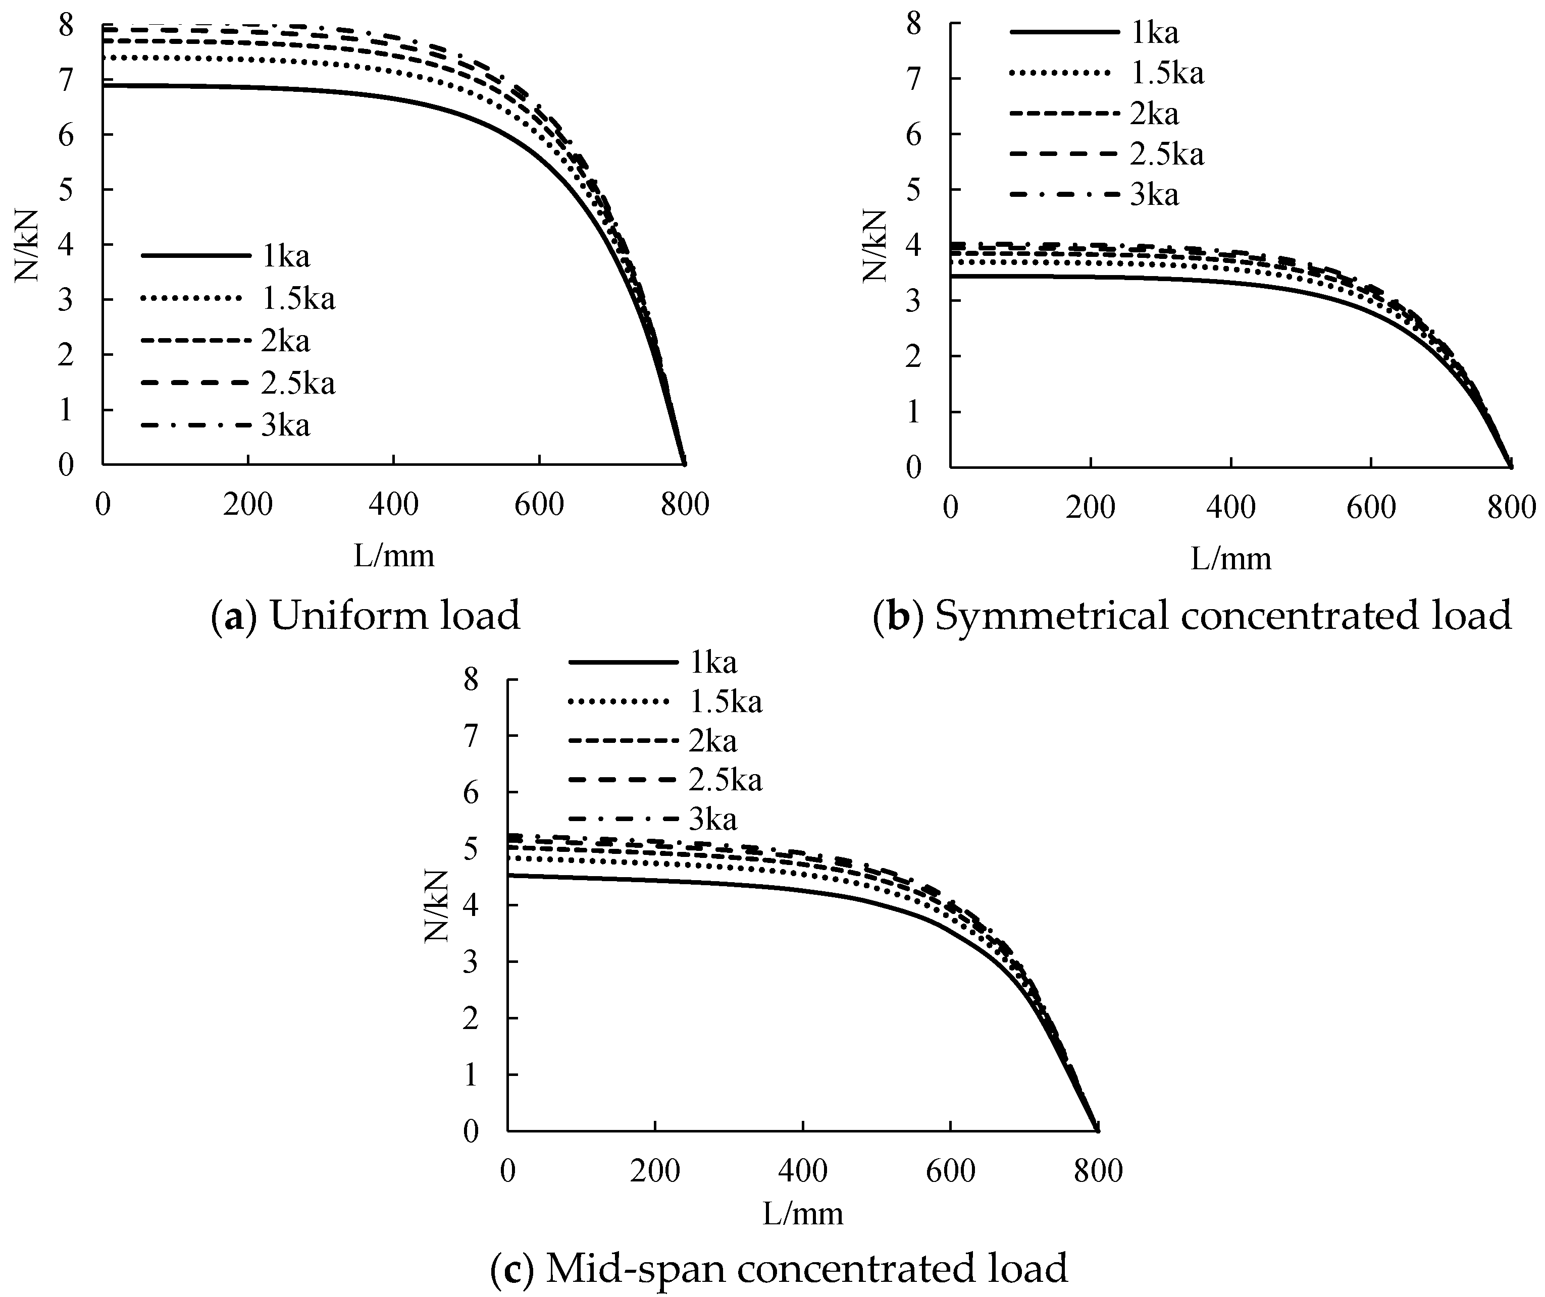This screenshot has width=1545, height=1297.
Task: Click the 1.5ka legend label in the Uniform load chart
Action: [x=298, y=299]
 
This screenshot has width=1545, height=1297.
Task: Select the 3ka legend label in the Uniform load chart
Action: [x=285, y=426]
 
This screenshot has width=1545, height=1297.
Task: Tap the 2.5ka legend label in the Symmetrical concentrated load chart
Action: [x=1167, y=154]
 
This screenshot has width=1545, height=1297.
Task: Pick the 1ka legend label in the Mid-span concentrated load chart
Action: [x=712, y=663]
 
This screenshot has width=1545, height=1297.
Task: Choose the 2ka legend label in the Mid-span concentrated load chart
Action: [x=712, y=741]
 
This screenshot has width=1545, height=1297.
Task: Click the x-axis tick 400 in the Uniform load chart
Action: [x=394, y=506]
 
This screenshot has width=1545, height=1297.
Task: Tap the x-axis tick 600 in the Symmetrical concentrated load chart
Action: [x=1371, y=509]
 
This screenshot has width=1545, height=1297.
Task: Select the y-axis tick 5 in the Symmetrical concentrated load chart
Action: [x=914, y=190]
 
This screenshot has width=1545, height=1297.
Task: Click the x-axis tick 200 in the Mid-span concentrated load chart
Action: [x=655, y=1171]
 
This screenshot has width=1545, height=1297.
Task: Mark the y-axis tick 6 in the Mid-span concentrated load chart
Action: [x=471, y=793]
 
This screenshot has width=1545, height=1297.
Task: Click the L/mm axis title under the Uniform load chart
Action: [x=394, y=556]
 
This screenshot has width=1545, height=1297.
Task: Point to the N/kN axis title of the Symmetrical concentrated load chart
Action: [x=874, y=245]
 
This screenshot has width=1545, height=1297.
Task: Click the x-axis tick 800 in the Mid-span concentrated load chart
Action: [x=1098, y=1171]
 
